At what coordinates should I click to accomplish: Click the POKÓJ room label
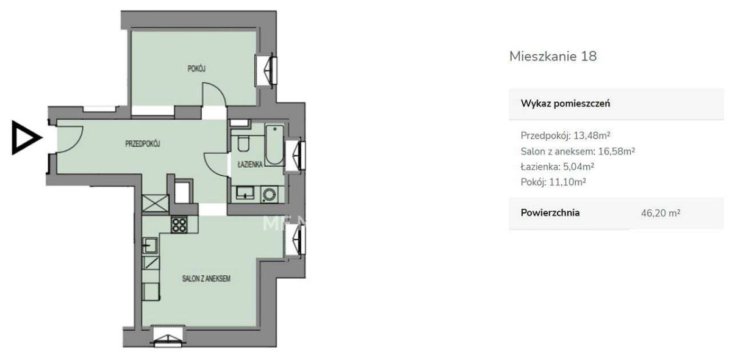point(196,69)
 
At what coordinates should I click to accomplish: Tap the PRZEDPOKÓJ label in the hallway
point(143,143)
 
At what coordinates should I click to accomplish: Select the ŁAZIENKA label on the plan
point(250,165)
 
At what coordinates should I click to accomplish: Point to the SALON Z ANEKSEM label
point(206,279)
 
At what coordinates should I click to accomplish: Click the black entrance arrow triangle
point(26,137)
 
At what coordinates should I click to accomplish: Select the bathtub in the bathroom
point(274,145)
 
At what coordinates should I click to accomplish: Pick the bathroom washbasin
point(245,193)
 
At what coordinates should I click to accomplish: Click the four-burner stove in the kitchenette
point(179,225)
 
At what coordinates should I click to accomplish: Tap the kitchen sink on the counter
point(150,245)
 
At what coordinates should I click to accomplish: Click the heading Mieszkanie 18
point(553,56)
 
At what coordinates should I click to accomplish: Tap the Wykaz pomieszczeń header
point(565,104)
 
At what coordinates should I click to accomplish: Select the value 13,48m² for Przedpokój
point(592,135)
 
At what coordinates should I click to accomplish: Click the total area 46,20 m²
point(661,213)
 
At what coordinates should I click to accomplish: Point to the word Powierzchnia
point(550,213)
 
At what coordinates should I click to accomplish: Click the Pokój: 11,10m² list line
point(553,182)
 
